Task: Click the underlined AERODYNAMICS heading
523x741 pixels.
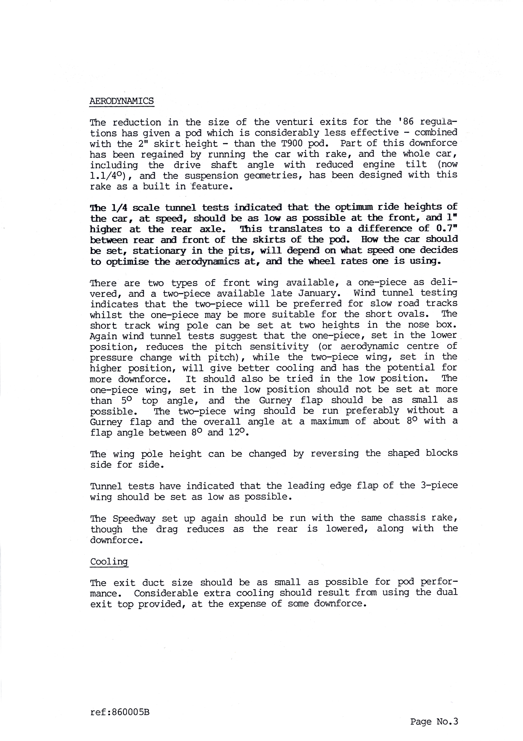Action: [122, 101]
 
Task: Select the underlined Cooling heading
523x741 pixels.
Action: [109, 562]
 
